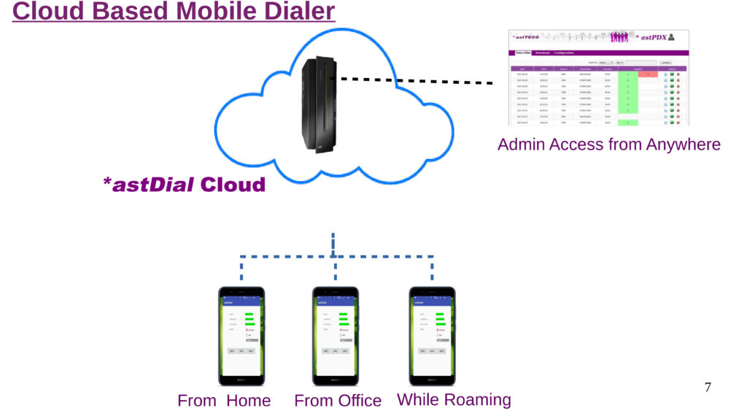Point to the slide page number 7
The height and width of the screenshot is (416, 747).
pos(707,388)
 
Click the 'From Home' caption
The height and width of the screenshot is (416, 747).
pos(224,401)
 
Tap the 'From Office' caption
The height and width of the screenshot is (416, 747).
pos(337,401)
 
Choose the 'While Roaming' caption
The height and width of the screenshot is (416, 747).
pos(454,400)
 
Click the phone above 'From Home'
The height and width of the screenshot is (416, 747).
pos(241,336)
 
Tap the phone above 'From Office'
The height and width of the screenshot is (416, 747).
pos(336,336)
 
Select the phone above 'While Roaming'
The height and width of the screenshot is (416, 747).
pos(431,336)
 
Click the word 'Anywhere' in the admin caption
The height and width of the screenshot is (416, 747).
pos(683,145)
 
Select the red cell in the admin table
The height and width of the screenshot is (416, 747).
pos(648,74)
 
